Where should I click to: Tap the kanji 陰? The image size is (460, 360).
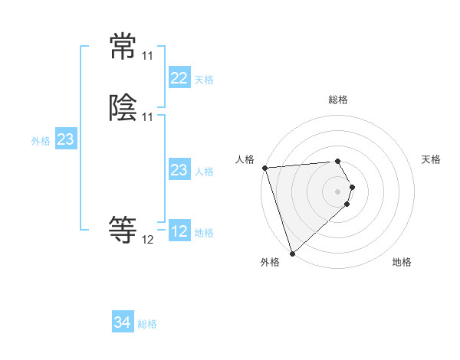(x=123, y=110)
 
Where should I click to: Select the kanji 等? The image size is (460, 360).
(x=123, y=229)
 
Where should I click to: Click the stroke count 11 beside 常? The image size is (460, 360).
(x=147, y=57)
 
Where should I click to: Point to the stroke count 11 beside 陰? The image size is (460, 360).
(x=147, y=117)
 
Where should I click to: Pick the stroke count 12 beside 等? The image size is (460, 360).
(x=147, y=240)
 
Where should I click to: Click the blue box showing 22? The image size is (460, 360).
(x=179, y=78)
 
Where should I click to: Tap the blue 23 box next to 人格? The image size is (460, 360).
(x=179, y=170)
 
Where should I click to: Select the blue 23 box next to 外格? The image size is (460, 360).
(x=65, y=139)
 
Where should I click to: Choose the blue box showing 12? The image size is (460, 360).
(x=179, y=231)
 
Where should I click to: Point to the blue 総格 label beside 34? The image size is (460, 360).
(x=147, y=324)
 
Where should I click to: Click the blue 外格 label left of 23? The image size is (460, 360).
(x=41, y=141)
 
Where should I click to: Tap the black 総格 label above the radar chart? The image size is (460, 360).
(x=338, y=100)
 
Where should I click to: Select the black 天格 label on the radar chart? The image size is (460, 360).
(x=431, y=159)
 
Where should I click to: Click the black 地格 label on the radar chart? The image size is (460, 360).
(x=402, y=262)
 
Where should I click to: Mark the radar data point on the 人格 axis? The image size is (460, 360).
(x=264, y=168)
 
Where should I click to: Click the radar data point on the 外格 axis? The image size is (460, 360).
(x=292, y=253)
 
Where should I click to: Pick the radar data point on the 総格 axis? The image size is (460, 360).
(x=338, y=161)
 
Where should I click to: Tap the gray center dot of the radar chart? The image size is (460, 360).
(x=338, y=191)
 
